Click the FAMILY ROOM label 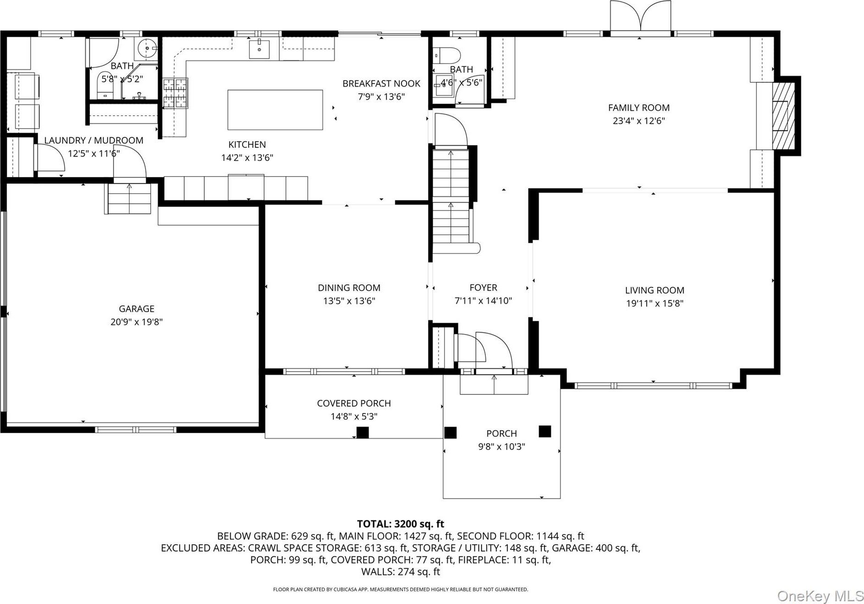[639, 108]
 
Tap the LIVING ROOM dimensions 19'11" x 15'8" [655, 303]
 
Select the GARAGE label [136, 309]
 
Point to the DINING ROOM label [349, 288]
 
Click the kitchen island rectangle [275, 110]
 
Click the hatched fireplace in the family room [783, 116]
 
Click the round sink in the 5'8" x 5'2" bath [147, 47]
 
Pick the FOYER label [483, 288]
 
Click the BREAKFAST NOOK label [381, 84]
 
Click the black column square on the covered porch [363, 432]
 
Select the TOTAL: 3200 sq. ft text [401, 524]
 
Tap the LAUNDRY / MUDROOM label [94, 140]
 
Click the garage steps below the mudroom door [130, 198]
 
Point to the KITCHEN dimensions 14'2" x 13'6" [247, 158]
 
